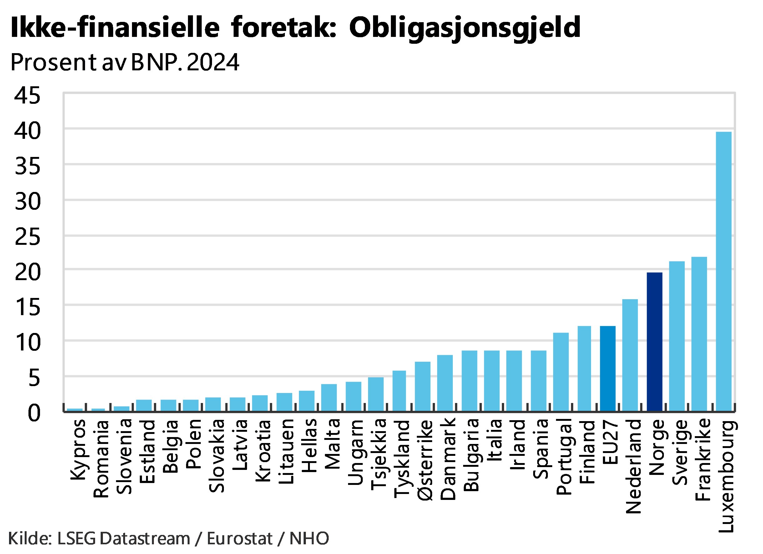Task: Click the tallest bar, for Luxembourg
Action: (724, 271)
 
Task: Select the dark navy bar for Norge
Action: (655, 341)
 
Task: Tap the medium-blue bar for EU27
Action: (608, 368)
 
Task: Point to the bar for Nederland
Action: (630, 355)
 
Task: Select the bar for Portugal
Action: (561, 372)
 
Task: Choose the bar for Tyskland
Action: (399, 390)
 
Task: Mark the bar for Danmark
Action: (445, 383)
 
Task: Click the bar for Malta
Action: (329, 397)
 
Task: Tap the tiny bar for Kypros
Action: (75, 409)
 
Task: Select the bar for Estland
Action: (144, 405)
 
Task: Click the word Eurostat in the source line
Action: (240, 539)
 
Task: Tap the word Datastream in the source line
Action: (145, 539)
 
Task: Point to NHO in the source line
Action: (309, 539)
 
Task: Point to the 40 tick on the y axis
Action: (28, 130)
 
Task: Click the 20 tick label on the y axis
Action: (28, 272)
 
